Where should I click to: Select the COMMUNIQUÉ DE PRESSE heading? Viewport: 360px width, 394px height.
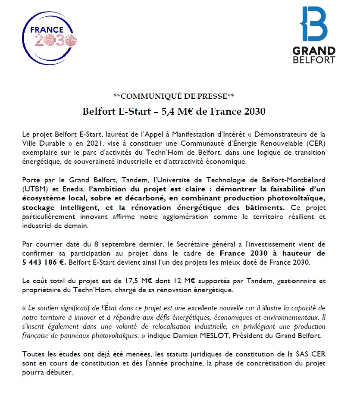pyautogui.click(x=174, y=95)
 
